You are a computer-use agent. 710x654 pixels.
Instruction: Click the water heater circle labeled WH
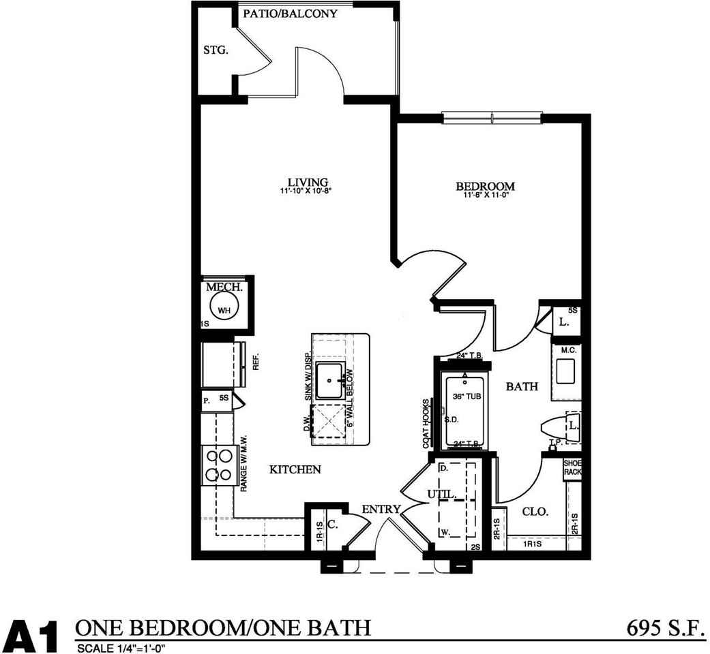pyautogui.click(x=224, y=309)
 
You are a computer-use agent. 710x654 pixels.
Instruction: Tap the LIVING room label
pyautogui.click(x=308, y=183)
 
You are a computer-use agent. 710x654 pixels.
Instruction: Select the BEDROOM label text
pyautogui.click(x=485, y=186)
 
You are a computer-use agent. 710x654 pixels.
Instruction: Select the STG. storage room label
pyautogui.click(x=215, y=50)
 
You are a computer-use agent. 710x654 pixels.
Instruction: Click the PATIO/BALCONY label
pyautogui.click(x=290, y=14)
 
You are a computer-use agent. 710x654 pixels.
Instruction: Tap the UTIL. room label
pyautogui.click(x=440, y=493)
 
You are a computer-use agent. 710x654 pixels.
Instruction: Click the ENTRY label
pyautogui.click(x=376, y=509)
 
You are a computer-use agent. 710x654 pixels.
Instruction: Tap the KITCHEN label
pyautogui.click(x=295, y=469)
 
